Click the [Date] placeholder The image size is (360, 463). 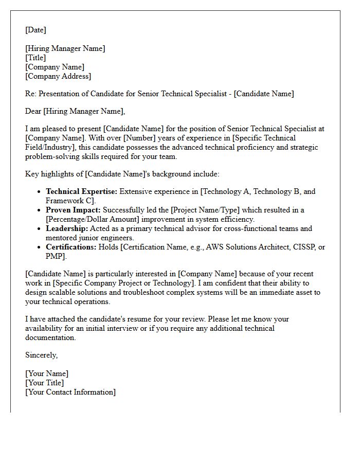click(x=35, y=30)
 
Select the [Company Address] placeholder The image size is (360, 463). click(x=58, y=76)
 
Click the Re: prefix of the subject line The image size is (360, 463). click(x=31, y=94)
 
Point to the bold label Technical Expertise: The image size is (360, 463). click(x=81, y=191)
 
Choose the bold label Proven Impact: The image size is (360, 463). click(x=73, y=210)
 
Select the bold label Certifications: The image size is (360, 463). click(x=71, y=247)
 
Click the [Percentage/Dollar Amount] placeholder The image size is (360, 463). click(x=95, y=219)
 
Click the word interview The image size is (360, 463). click(x=122, y=328)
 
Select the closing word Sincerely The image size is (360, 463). click(x=41, y=355)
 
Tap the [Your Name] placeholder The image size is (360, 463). click(x=47, y=373)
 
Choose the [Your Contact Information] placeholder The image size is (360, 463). click(x=70, y=392)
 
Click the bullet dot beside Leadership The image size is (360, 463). click(x=40, y=229)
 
